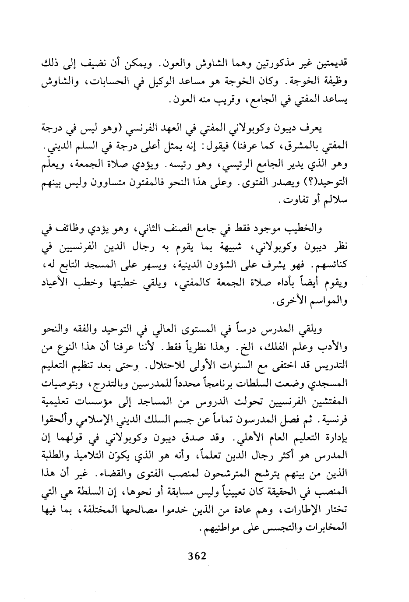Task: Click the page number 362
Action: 197,556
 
